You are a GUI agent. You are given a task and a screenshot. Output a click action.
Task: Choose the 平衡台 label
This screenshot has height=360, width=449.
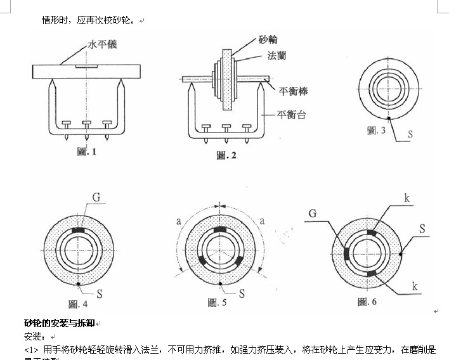(292, 115)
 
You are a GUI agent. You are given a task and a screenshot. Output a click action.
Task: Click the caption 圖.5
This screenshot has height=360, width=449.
(218, 304)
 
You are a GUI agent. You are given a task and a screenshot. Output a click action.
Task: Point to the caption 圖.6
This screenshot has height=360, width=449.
(368, 302)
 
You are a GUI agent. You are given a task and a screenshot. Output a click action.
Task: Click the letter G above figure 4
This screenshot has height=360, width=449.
(96, 198)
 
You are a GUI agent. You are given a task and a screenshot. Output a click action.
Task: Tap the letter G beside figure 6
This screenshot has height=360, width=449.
(312, 212)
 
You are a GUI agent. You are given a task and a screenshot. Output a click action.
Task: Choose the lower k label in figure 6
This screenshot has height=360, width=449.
(414, 287)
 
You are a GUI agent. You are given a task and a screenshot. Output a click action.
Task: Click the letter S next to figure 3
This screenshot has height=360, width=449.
(410, 134)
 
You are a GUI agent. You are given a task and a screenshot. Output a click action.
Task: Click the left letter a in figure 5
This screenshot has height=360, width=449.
(179, 221)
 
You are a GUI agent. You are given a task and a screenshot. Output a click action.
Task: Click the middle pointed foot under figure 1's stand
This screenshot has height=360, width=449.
(86, 134)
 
